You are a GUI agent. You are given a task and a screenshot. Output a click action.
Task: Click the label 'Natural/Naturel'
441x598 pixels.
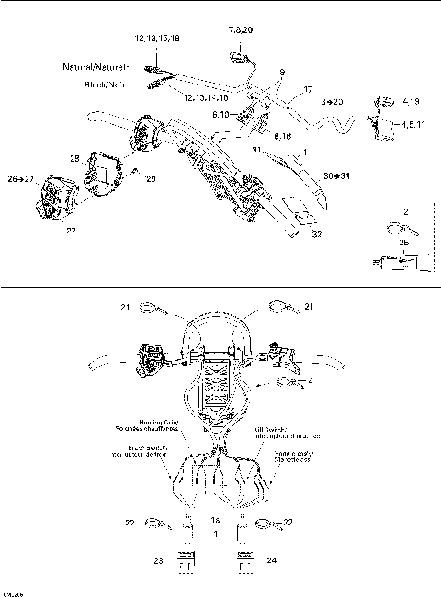click(x=96, y=68)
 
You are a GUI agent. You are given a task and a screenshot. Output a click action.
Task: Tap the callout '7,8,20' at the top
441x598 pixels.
click(x=241, y=31)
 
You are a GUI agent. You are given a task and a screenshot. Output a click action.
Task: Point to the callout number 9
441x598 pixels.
click(x=282, y=72)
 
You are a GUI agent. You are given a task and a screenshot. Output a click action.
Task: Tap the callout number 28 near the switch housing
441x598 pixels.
click(x=74, y=159)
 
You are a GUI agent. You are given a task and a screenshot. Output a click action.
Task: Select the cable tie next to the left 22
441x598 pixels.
click(x=153, y=525)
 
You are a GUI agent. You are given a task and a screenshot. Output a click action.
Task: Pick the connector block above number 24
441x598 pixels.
click(x=243, y=562)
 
